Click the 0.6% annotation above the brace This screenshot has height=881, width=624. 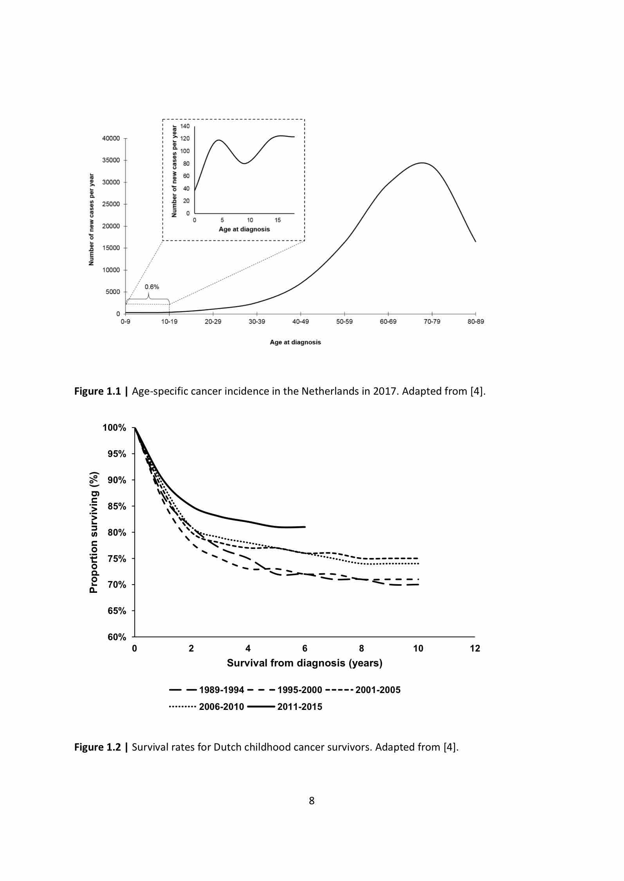[x=152, y=287]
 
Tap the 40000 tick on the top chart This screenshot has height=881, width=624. [x=112, y=138]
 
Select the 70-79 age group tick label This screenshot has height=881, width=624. [x=432, y=321]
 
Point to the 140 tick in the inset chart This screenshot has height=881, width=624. [x=185, y=126]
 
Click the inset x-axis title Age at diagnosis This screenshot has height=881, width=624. [x=244, y=229]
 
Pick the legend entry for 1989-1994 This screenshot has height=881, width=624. [x=207, y=690]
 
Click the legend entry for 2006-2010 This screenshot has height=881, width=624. [x=207, y=707]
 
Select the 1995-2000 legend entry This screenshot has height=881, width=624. [x=285, y=690]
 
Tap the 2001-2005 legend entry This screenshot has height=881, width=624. [x=363, y=690]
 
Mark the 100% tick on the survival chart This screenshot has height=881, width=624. [x=114, y=428]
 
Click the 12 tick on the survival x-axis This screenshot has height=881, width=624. [x=475, y=648]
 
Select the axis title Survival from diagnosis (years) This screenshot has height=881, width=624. [x=305, y=663]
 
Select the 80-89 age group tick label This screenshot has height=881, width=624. [x=476, y=321]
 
